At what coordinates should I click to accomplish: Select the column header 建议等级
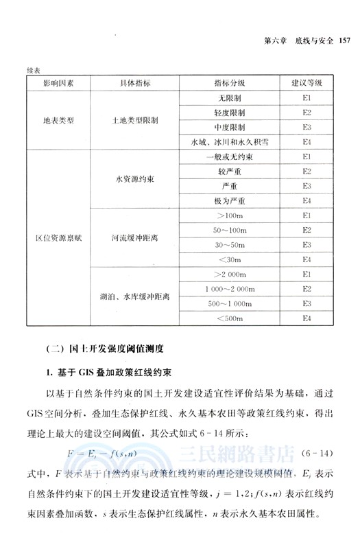[307, 83]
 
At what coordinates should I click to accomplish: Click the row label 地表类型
[58, 119]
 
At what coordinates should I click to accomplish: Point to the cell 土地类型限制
[135, 119]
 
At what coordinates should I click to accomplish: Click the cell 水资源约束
[135, 178]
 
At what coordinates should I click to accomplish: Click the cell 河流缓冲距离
[135, 238]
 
